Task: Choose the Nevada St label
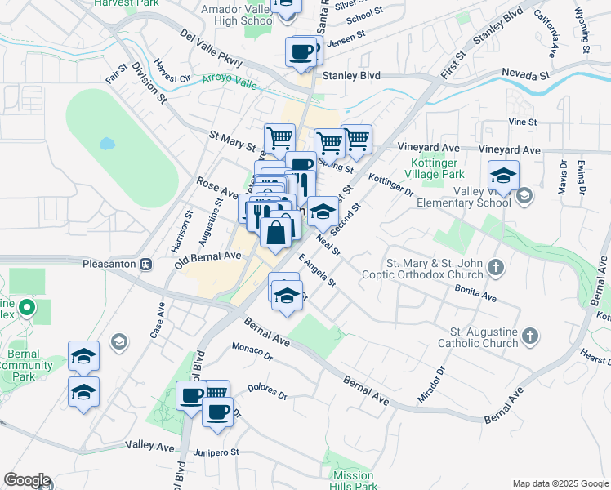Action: pos(524,75)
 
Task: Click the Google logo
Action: pos(27,480)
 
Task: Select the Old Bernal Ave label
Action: pos(207,260)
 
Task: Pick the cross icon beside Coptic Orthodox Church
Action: pos(495,267)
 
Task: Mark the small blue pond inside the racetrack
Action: pos(107,144)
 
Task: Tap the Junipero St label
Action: pos(216,452)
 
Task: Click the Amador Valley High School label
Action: pos(237,14)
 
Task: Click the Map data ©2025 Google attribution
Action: pos(560,483)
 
